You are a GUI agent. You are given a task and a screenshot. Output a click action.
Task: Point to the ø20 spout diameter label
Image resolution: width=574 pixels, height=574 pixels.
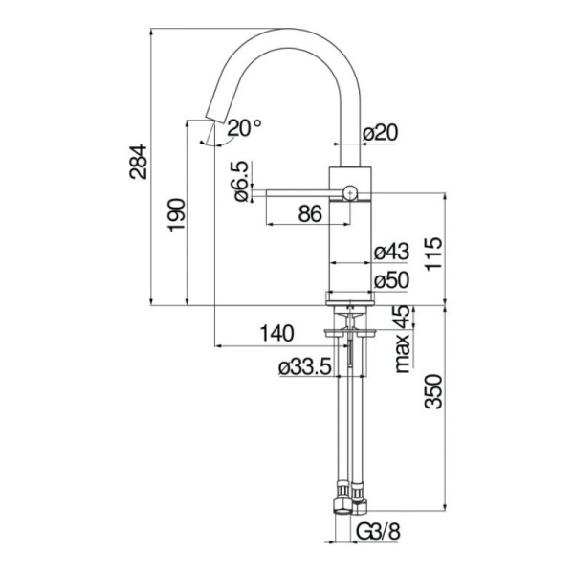(380, 134)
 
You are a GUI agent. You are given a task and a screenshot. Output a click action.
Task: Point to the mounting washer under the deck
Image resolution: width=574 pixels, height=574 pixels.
(349, 333)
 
